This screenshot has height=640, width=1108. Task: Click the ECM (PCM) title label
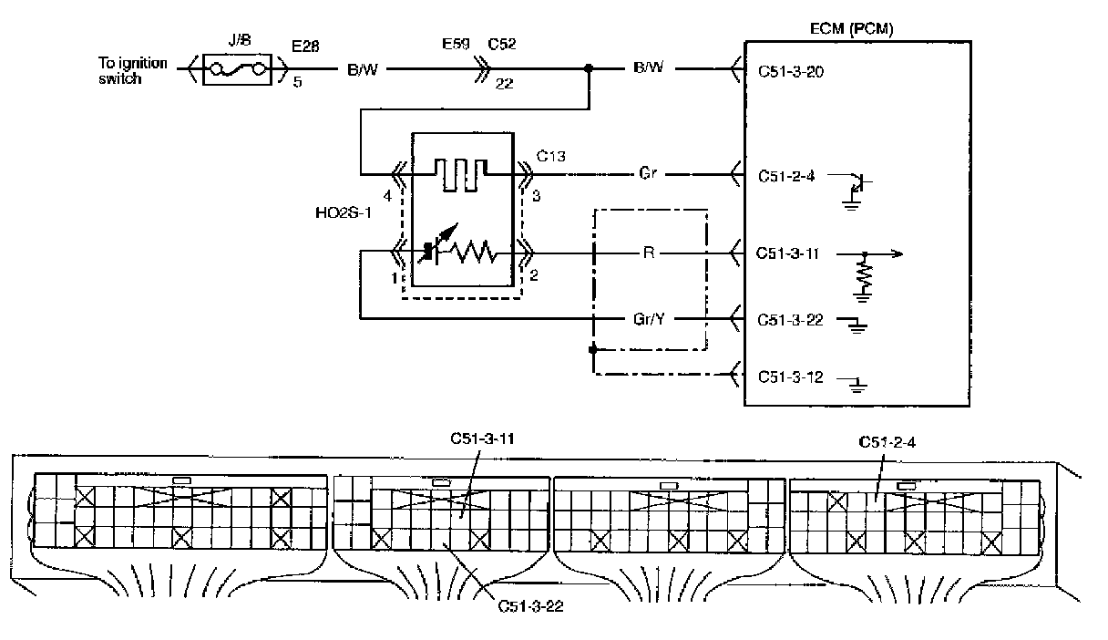(851, 28)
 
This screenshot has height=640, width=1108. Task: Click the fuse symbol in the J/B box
(237, 70)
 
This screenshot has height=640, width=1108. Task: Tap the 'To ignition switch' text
(132, 71)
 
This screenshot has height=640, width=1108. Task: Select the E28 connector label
(305, 46)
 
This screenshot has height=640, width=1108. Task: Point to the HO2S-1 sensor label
(344, 212)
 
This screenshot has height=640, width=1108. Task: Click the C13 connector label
(550, 157)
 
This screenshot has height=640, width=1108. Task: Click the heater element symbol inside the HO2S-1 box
(460, 175)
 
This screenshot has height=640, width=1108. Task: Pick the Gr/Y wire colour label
(649, 319)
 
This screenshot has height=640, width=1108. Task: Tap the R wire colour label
(649, 253)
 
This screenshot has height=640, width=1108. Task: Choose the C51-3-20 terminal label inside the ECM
(790, 72)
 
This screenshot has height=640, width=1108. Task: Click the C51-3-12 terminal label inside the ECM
(790, 377)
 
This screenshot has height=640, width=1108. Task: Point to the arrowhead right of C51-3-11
(898, 254)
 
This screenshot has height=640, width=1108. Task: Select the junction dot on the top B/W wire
(589, 68)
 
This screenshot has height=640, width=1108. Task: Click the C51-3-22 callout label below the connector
(530, 606)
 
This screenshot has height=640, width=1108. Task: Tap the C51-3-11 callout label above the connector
(482, 439)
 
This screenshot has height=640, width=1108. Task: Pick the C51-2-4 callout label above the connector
(887, 442)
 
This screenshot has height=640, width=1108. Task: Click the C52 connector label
(501, 44)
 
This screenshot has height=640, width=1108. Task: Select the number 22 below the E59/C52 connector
(504, 84)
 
